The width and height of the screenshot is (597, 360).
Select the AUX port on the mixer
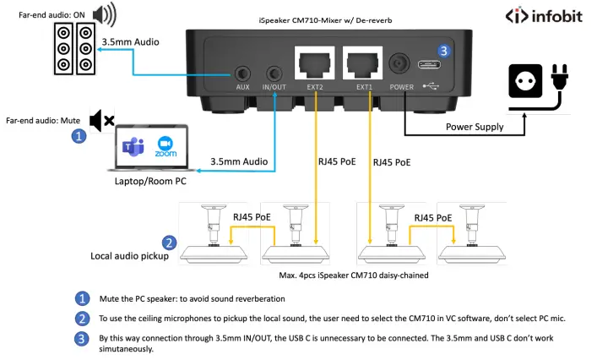(243, 74)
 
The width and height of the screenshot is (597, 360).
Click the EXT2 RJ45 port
(314, 64)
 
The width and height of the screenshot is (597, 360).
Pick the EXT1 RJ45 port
(363, 64)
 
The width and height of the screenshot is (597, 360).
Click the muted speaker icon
(102, 121)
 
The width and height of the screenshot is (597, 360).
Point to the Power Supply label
(475, 127)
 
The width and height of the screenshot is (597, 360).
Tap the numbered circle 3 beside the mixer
(445, 50)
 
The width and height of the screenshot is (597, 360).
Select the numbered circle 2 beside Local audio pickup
(169, 243)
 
